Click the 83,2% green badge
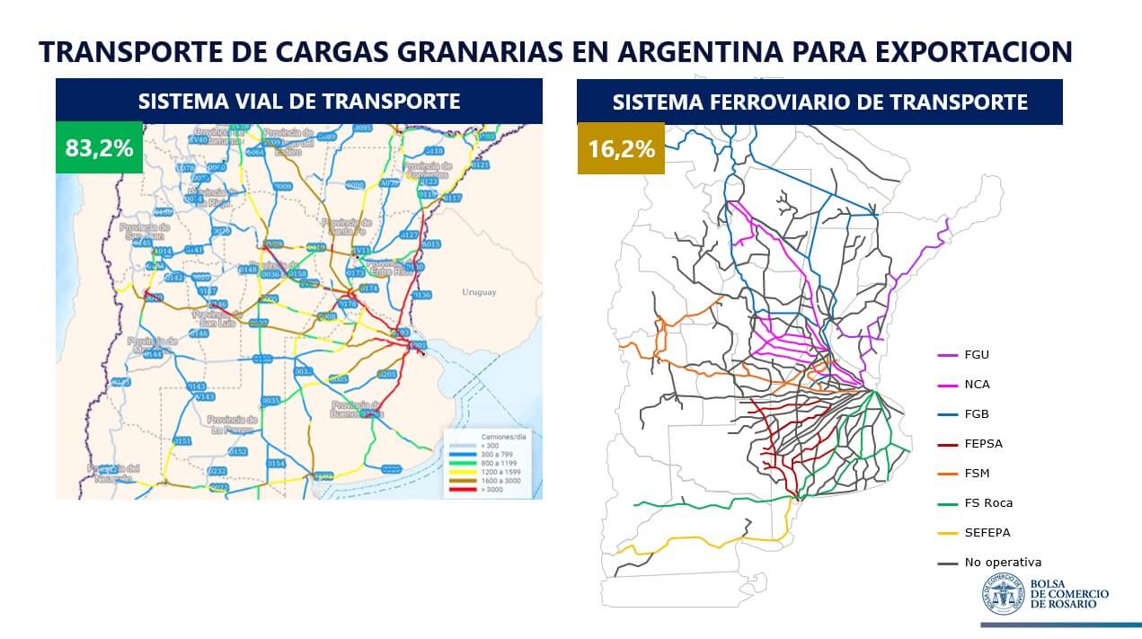99,147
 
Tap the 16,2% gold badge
621,148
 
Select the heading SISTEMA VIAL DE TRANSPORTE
299,102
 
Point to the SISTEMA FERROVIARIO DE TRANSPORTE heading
819,102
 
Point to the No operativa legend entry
1003,563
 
